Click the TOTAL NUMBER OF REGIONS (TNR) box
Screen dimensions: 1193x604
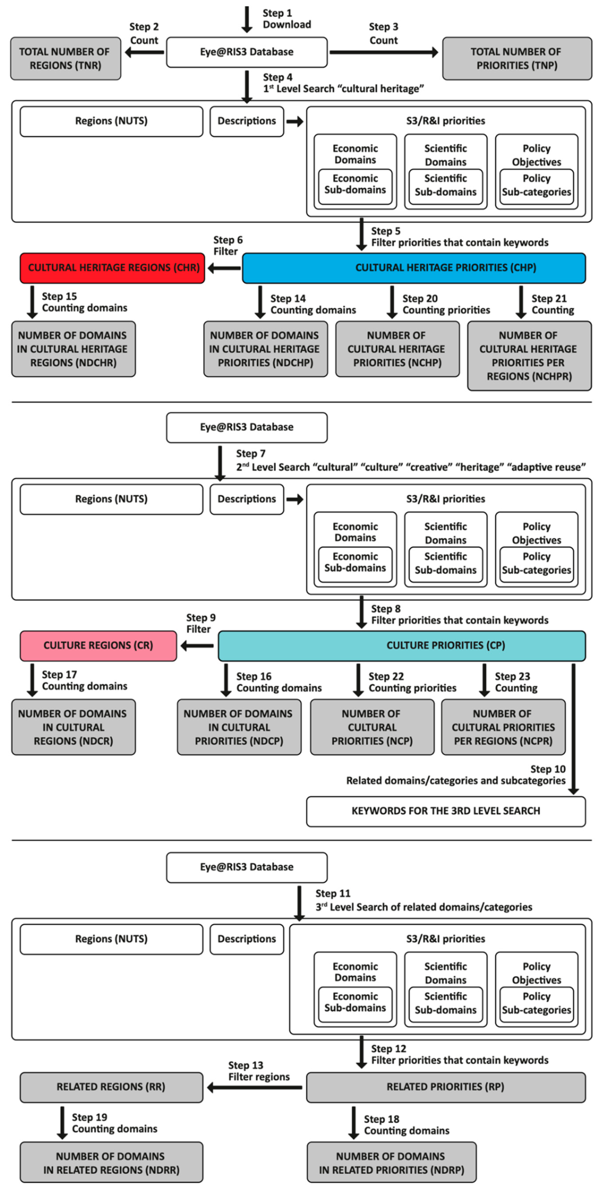click(65, 58)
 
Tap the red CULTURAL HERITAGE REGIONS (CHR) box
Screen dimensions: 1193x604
click(112, 268)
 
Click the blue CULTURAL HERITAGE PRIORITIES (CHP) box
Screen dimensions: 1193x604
click(413, 268)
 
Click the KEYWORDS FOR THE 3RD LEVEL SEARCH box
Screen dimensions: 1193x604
click(445, 811)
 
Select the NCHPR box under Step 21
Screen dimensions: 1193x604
click(529, 356)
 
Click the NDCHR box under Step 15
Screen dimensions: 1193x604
click(73, 349)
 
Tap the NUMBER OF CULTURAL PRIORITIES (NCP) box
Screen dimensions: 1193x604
click(372, 727)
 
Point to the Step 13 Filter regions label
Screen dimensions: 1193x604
click(259, 1071)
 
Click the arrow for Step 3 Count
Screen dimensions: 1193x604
click(384, 52)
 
